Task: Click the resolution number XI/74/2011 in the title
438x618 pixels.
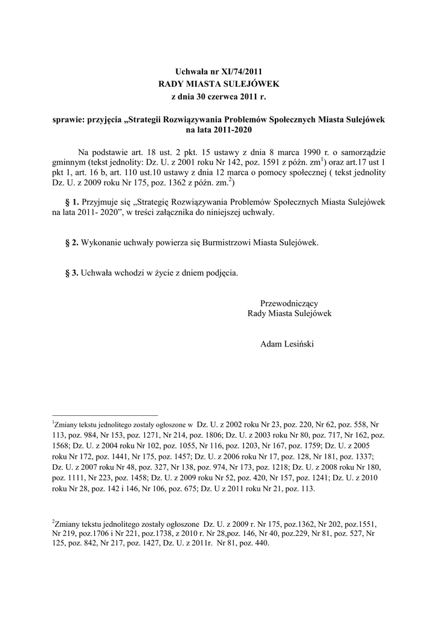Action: coord(240,71)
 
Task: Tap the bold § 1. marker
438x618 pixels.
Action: coord(72,202)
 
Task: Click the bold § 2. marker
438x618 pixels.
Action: coord(72,243)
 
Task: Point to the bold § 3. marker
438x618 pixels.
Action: coord(72,273)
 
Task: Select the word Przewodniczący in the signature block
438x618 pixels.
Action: coord(289,303)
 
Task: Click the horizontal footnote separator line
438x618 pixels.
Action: coord(105,415)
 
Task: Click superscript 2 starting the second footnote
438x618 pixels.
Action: coord(54,520)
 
